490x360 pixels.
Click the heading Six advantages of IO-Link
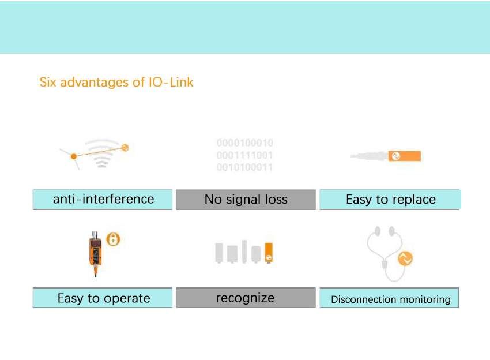[x=116, y=82]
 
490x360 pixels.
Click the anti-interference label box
[x=103, y=199]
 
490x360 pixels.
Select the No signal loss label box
[x=246, y=200]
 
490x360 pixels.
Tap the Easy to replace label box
[x=390, y=200]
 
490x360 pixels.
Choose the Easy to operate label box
[x=103, y=298]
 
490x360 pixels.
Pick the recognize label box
[x=246, y=298]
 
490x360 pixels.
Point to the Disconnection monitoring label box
[x=390, y=299]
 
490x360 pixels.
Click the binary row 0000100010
[x=245, y=143]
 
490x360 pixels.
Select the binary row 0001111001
[x=245, y=155]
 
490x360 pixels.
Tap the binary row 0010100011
[x=245, y=167]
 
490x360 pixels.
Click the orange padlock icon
[x=114, y=239]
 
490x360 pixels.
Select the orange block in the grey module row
[x=269, y=253]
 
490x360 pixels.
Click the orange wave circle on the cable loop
[x=405, y=259]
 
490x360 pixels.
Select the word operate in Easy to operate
[x=127, y=299]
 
